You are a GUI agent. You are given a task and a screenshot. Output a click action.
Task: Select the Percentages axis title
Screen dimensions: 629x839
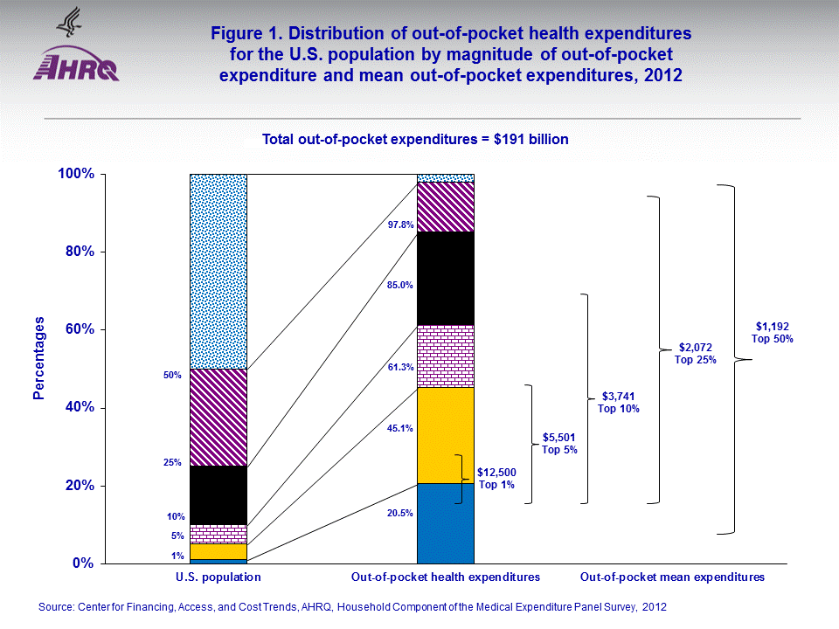pyautogui.click(x=38, y=359)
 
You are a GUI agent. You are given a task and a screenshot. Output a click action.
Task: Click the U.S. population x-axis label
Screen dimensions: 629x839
pyautogui.click(x=218, y=577)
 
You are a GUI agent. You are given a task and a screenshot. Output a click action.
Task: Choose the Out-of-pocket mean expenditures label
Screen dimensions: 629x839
pyautogui.click(x=672, y=577)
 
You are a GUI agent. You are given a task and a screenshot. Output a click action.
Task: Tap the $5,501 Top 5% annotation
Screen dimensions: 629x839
pyautogui.click(x=559, y=443)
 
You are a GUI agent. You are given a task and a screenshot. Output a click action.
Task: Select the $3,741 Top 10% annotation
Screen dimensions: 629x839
pyautogui.click(x=619, y=402)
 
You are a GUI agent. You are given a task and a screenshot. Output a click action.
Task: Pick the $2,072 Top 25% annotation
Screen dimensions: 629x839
pyautogui.click(x=696, y=353)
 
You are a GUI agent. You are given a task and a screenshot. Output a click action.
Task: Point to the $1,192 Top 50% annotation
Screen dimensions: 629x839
pyautogui.click(x=773, y=333)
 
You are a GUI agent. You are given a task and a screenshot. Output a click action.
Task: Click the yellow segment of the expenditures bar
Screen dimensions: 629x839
pyautogui.click(x=445, y=435)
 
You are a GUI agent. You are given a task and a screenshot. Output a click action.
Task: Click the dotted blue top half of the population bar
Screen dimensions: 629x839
pyautogui.click(x=218, y=271)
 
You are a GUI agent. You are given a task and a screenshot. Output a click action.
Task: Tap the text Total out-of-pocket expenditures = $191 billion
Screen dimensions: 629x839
pyautogui.click(x=416, y=139)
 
